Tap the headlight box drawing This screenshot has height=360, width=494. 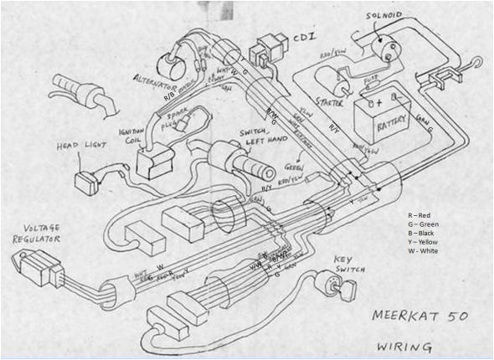point(85,182)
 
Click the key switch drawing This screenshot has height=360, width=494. point(344,289)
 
